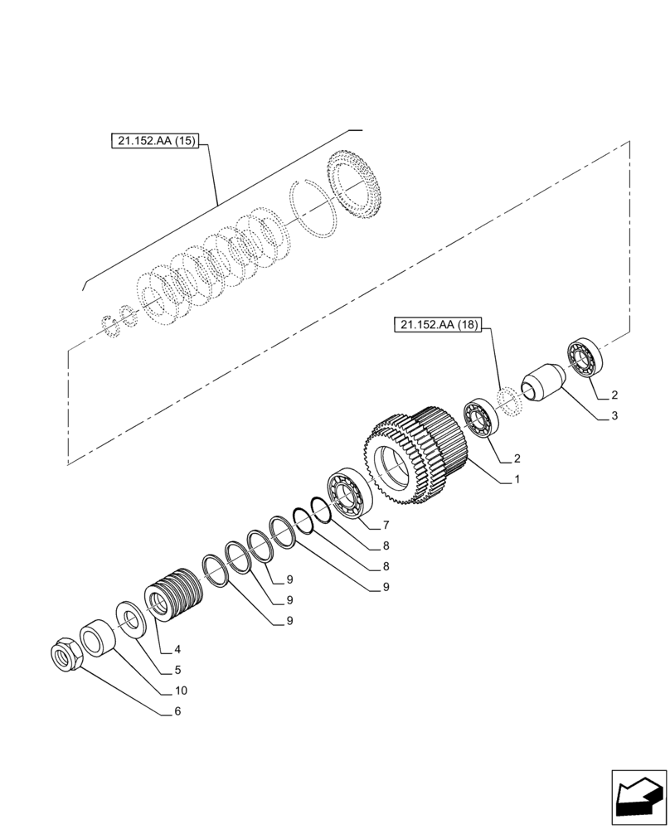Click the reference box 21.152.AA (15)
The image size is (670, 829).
coord(153,141)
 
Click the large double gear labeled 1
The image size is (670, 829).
coord(415,460)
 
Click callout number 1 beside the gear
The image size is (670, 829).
coord(517,479)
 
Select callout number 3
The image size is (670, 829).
coord(614,416)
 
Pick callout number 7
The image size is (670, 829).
coord(385,526)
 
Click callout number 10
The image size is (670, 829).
coord(180,691)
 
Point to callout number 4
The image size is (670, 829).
coord(177,649)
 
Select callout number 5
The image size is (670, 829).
coord(177,670)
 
